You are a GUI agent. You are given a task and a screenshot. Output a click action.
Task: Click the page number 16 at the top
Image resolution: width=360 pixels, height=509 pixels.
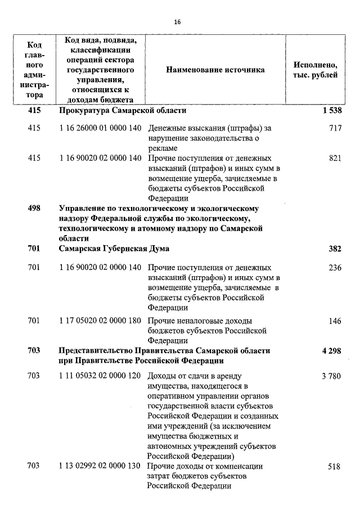[178, 22]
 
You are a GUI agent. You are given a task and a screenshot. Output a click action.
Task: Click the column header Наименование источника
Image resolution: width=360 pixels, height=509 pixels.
[215, 70]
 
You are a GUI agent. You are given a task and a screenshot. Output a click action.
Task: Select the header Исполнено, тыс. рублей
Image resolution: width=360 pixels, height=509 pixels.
[315, 70]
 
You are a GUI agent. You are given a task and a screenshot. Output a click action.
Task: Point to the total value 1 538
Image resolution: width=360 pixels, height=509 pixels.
[332, 111]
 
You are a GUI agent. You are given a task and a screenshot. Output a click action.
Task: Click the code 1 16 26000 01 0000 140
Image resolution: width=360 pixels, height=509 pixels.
[100, 128]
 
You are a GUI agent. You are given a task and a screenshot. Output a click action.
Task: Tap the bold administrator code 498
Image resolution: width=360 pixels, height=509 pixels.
[34, 209]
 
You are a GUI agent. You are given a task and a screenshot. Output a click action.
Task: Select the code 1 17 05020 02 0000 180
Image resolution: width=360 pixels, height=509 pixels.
[100, 321]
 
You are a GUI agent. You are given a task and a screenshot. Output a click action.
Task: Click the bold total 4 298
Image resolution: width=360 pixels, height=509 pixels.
[332, 350]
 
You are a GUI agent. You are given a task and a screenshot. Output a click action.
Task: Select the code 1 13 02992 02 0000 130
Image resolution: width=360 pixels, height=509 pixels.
[100, 466]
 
